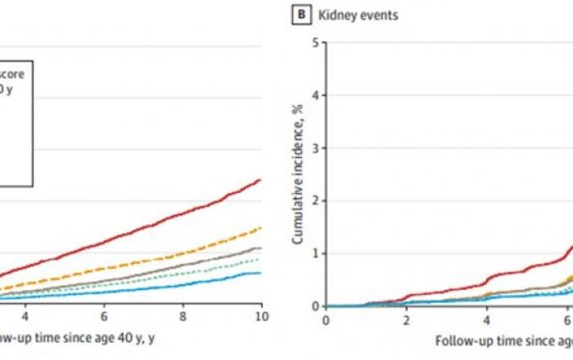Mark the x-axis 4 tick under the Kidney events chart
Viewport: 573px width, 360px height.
[x=487, y=319]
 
